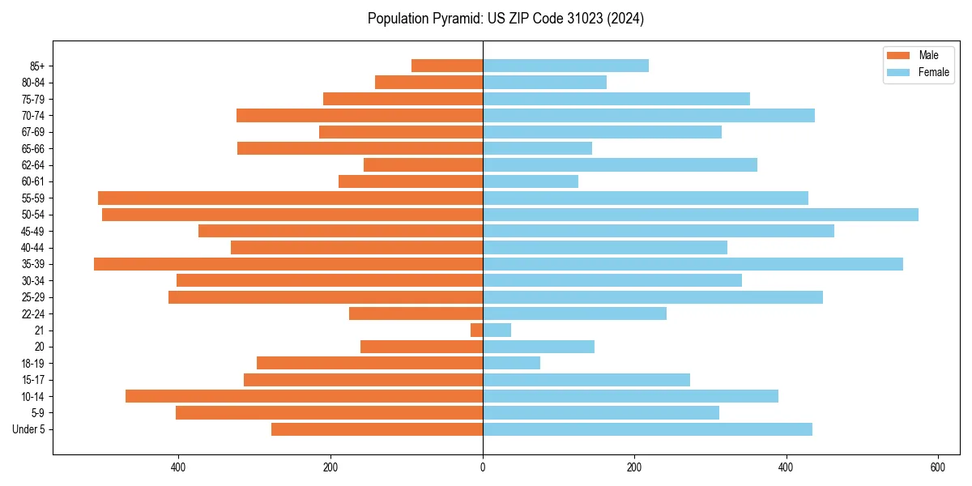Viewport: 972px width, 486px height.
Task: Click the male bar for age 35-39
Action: pos(288,264)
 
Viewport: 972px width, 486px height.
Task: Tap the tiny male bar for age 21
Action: pos(477,330)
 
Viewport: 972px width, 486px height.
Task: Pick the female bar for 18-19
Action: pos(511,363)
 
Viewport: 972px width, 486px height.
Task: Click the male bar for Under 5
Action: pos(377,429)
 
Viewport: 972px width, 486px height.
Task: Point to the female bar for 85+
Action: pos(565,66)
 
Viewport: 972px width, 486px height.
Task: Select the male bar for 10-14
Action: pos(304,396)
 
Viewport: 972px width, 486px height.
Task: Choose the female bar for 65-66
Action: pos(537,148)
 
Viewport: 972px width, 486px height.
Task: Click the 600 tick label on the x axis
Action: pos(937,467)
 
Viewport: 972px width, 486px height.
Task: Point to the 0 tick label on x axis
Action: pos(483,467)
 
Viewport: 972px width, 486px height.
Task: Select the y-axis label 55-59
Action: pos(33,198)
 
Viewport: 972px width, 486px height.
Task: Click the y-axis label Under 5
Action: pos(28,429)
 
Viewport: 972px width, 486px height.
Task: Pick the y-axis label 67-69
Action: pos(33,132)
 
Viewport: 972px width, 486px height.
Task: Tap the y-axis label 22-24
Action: pos(33,314)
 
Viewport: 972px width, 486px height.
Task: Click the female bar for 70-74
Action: pos(648,116)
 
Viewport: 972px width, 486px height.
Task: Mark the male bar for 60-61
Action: pos(411,181)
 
